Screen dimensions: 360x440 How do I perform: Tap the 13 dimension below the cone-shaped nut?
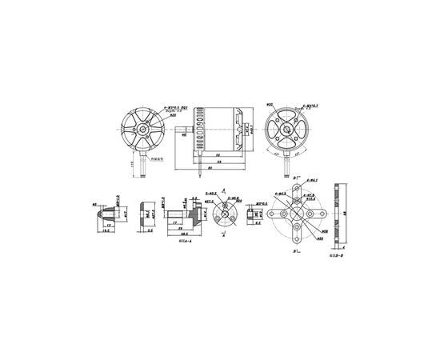point(106,225)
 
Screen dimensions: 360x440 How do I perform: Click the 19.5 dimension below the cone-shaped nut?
point(105,233)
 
